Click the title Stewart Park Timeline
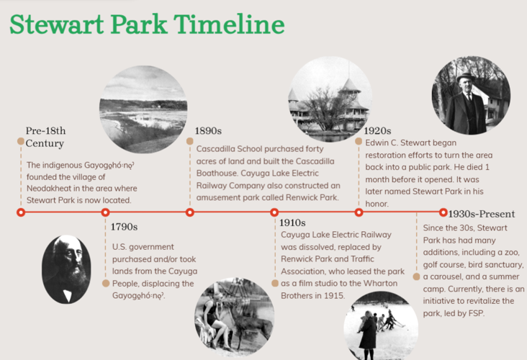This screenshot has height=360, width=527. pos(146,24)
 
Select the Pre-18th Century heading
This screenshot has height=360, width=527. pos(45,137)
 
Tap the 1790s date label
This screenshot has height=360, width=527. pos(124,227)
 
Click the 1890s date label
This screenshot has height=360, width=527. pos(208,131)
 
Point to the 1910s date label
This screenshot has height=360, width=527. pos(293,222)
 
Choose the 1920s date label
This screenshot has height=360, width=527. pos(377,131)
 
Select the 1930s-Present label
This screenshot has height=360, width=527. pos(481,214)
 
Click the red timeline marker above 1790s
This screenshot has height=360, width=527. pos(105,212)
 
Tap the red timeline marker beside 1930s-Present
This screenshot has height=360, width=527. pos(443,212)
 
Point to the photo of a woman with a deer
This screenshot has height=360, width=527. pos(223,318)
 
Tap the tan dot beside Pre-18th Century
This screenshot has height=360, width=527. pos(21,140)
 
